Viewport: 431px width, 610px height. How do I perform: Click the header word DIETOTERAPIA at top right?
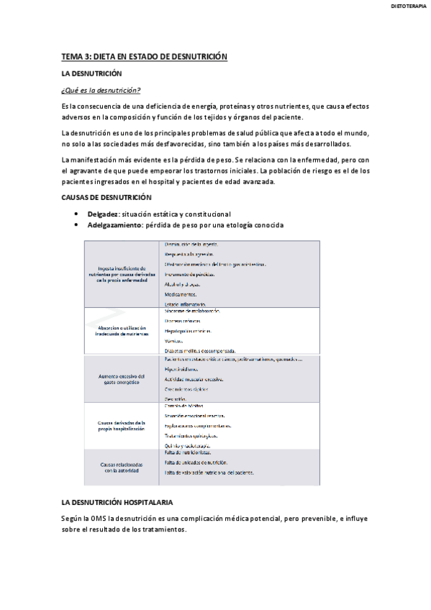pyautogui.click(x=407, y=6)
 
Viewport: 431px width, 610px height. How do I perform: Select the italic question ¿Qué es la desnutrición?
pyautogui.click(x=101, y=90)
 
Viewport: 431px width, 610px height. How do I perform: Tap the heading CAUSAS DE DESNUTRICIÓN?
pyautogui.click(x=106, y=197)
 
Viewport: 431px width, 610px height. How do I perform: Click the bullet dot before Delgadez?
pyautogui.click(x=77, y=214)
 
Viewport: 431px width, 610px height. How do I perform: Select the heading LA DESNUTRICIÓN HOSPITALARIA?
pyautogui.click(x=117, y=501)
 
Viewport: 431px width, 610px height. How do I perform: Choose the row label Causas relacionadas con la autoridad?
pyautogui.click(x=122, y=468)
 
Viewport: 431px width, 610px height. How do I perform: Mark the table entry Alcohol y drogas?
pyautogui.click(x=182, y=283)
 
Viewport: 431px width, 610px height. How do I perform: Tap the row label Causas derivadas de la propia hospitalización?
pyautogui.click(x=122, y=425)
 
